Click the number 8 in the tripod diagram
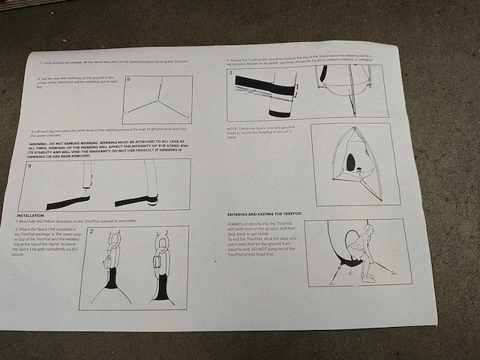(130, 79)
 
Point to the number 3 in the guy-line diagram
(231, 73)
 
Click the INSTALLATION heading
(31, 214)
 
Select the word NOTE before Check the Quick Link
(232, 127)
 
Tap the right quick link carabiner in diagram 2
(157, 259)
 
